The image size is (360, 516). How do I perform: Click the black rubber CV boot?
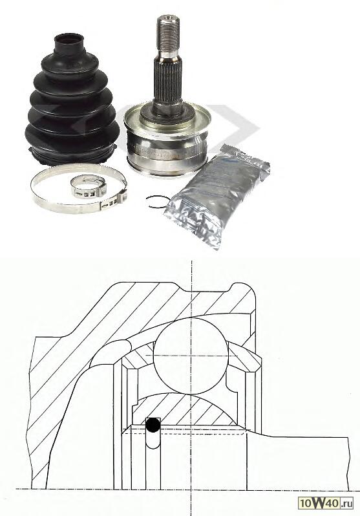(x=72, y=102)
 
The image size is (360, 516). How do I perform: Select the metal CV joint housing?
(x=167, y=138)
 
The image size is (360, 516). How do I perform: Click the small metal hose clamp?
(x=89, y=187)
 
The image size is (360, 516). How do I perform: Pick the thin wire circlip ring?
(x=157, y=201)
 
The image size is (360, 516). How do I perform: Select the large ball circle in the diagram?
(x=191, y=356)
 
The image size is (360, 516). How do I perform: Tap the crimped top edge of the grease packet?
(x=245, y=157)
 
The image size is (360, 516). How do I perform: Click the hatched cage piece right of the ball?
(x=244, y=356)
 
